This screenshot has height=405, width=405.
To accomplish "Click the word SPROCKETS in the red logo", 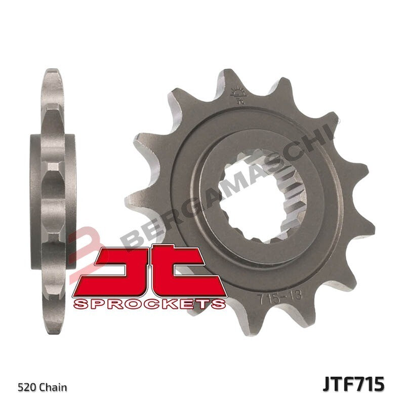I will click(149, 303).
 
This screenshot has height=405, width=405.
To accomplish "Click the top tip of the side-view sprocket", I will click(54, 73).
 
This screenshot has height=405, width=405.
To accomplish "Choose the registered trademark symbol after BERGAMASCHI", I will click(337, 120).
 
